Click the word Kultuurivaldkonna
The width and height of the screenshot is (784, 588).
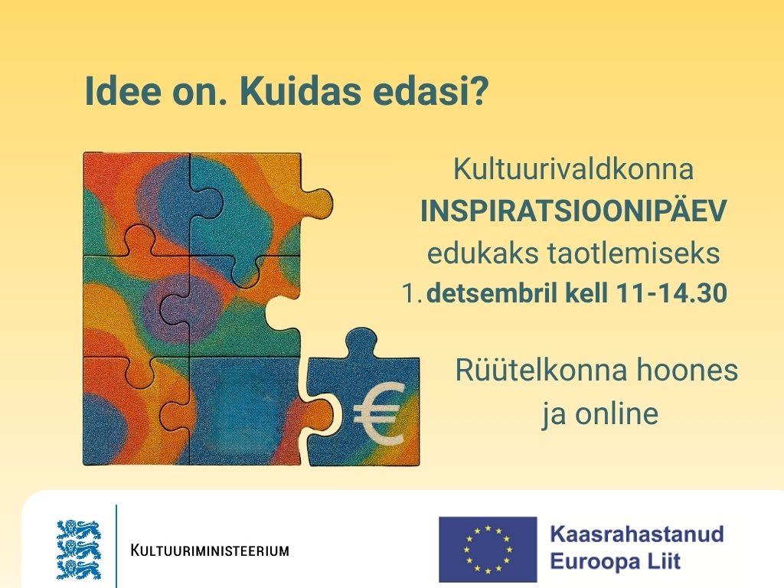pos(573,169)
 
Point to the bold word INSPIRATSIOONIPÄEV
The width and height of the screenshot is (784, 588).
pos(573,212)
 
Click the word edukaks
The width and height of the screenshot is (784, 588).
pos(476,254)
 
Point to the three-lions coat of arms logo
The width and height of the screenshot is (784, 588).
pos(78,549)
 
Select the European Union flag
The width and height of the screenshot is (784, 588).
pos(488,549)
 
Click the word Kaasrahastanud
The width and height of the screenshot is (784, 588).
pos(637,533)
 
